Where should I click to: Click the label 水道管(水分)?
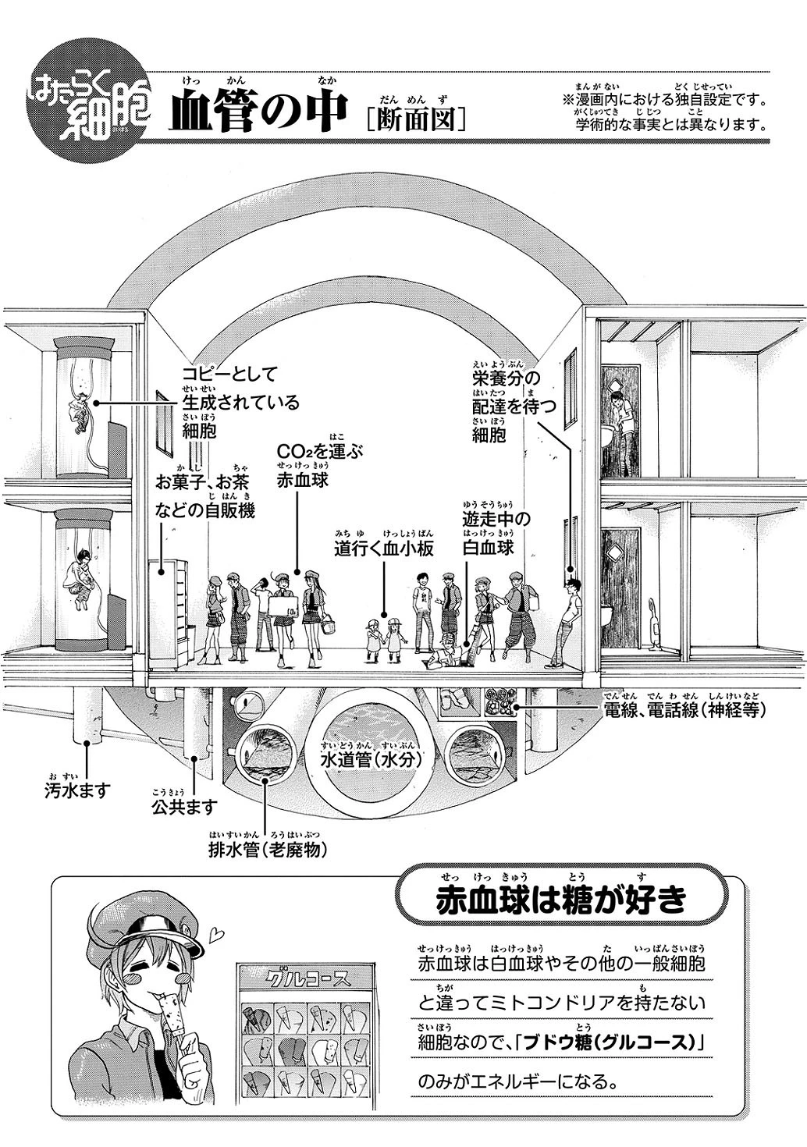(372, 760)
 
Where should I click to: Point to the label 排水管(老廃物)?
(268, 850)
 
